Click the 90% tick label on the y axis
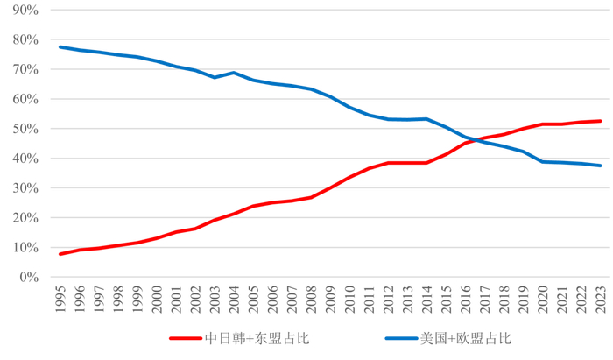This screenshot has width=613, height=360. [x=26, y=10]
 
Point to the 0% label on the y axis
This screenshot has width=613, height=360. [x=29, y=277]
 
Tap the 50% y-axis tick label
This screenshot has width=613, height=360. [x=26, y=129]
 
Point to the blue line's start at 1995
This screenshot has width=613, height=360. [x=60, y=46]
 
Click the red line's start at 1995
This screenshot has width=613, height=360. [x=60, y=254]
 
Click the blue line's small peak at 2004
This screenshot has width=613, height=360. [x=234, y=73]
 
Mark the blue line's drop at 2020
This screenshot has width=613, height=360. [x=543, y=161]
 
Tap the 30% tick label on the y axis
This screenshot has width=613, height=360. [x=26, y=188]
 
